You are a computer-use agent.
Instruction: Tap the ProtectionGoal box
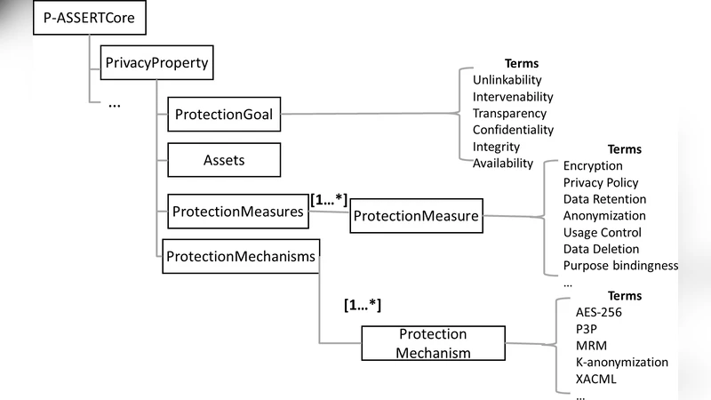point(223,115)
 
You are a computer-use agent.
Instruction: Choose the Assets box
point(223,161)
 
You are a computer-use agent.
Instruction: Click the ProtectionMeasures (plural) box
point(237,212)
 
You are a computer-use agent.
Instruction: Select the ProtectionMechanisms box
point(240,256)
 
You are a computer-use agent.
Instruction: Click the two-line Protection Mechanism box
point(433,343)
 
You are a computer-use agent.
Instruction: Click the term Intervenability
point(513,96)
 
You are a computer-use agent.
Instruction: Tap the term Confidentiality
point(513,130)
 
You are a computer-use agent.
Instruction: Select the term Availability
point(502,163)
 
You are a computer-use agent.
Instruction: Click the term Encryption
point(593,165)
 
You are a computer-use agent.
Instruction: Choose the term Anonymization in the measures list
point(604,215)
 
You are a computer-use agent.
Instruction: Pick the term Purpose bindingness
point(620,266)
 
